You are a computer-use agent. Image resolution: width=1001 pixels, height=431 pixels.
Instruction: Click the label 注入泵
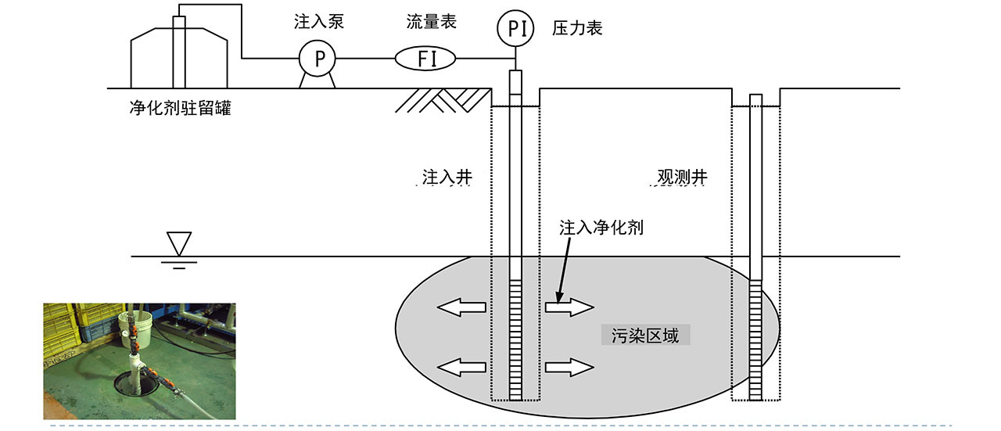coord(319,22)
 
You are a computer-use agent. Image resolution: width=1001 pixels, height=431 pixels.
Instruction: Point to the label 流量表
coord(431,22)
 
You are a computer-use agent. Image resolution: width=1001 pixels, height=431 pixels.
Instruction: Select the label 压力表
coord(577,28)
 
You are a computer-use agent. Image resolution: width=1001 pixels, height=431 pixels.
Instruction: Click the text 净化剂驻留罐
coord(181,108)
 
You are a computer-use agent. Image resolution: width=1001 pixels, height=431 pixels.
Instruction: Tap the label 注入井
coord(447,178)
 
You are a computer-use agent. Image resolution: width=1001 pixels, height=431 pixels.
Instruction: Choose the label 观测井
coord(683,178)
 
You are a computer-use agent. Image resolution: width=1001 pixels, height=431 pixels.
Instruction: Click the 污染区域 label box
coord(646,336)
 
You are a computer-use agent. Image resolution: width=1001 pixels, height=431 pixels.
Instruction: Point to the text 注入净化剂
coord(601,228)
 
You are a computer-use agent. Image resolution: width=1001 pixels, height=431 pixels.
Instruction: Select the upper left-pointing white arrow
coord(461,307)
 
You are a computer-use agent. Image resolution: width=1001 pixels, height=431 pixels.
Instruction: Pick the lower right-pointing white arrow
coord(570,368)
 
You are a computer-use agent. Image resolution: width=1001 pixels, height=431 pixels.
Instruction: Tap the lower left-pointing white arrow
coord(461,368)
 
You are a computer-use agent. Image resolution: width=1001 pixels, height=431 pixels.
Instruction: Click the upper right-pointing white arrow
coord(570,307)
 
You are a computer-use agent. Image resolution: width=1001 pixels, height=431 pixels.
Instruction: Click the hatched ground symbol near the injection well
coord(443,100)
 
